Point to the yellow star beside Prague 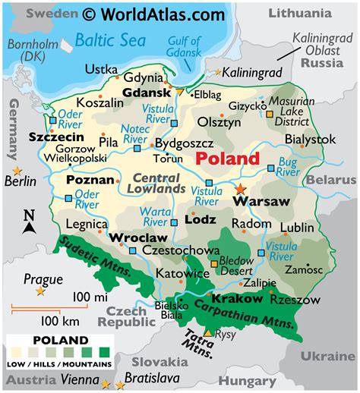[40, 291]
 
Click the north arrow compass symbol [29, 222]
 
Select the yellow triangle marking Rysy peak [208, 333]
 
